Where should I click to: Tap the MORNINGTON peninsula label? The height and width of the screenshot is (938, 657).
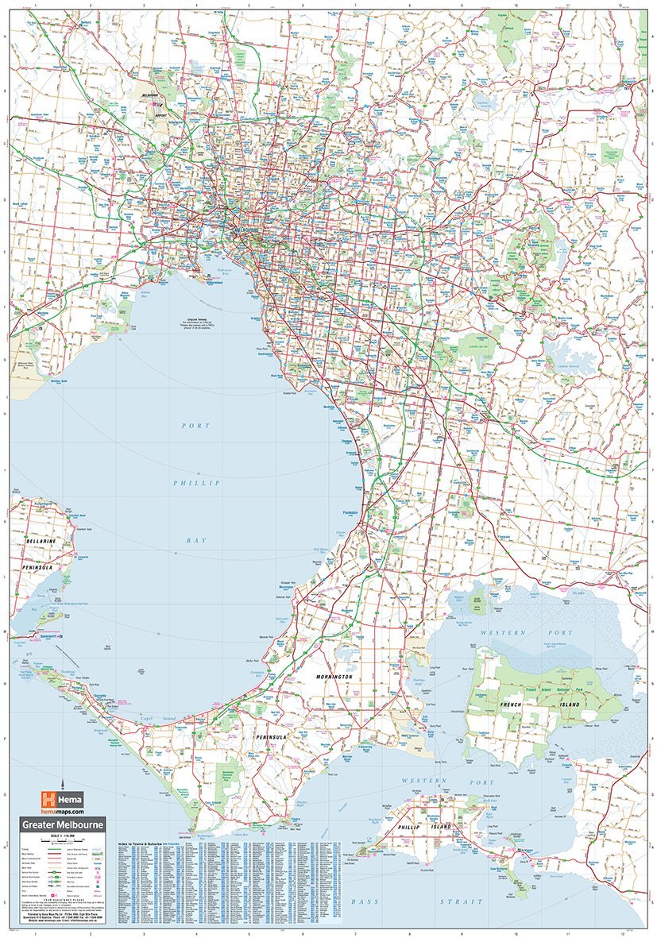[331, 676]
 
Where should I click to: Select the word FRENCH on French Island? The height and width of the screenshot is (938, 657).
[511, 704]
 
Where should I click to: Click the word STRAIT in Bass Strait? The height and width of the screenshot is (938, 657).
[465, 901]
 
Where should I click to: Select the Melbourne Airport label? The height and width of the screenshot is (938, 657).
[150, 98]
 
